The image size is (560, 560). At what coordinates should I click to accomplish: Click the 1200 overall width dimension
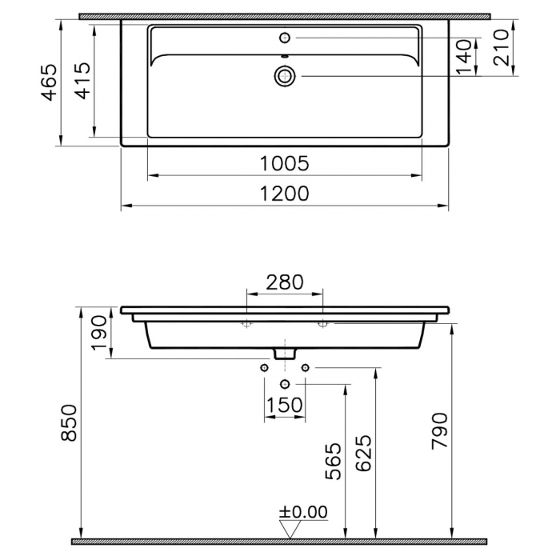(x=285, y=194)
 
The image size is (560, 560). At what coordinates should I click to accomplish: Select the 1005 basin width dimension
(x=285, y=163)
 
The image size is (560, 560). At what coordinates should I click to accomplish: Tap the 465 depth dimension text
(x=50, y=82)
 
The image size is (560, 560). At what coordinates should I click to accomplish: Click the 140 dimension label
(x=465, y=58)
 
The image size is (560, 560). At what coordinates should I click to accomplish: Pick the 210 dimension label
(x=501, y=48)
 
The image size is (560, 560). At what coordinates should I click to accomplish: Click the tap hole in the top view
(x=285, y=37)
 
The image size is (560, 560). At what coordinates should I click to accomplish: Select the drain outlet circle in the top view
(x=285, y=76)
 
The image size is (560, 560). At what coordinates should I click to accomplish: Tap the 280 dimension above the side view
(x=285, y=282)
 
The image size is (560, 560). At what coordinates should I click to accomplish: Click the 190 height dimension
(x=98, y=333)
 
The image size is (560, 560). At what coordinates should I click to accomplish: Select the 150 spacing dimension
(x=285, y=406)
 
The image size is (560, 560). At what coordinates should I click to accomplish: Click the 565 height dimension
(x=334, y=460)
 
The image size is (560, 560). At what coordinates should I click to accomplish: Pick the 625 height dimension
(x=364, y=454)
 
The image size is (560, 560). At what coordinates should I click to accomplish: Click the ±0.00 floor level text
(x=303, y=512)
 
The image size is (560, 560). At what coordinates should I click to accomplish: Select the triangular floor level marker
(x=290, y=528)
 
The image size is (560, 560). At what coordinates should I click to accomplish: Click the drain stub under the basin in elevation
(x=285, y=353)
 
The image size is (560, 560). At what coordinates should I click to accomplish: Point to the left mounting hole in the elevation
(x=247, y=323)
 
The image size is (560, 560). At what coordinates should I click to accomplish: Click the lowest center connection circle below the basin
(x=285, y=385)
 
